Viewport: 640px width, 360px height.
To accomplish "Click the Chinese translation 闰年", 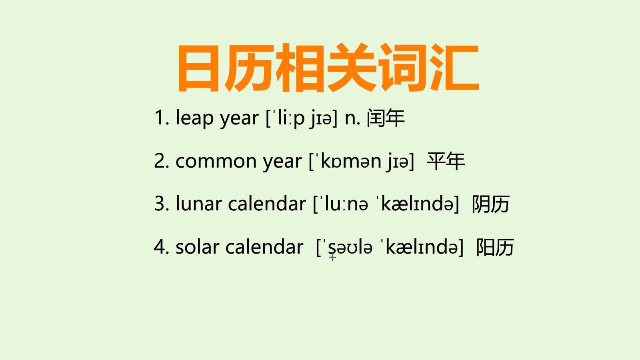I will coord(386,118).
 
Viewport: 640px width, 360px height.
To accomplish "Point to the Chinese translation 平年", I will coord(446,162).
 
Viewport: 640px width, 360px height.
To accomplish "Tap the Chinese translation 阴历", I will coord(490,204).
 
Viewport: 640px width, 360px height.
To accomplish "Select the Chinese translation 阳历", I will coord(495,247).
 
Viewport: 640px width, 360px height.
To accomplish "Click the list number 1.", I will coord(160,118).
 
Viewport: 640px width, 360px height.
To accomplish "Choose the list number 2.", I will coord(160,162).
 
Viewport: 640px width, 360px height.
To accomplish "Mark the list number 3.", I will coord(160,204).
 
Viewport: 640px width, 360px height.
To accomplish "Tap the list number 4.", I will coord(160,247).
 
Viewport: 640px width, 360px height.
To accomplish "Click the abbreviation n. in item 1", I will coord(352,118).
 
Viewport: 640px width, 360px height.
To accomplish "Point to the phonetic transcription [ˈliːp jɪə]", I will coord(302,118).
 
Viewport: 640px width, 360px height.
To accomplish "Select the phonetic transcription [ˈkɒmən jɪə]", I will coord(361,162).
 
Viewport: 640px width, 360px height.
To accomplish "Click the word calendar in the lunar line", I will coord(267,204).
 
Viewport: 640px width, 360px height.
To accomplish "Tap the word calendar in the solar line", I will coord(264,247).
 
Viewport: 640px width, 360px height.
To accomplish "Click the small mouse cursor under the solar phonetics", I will coord(332,257).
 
